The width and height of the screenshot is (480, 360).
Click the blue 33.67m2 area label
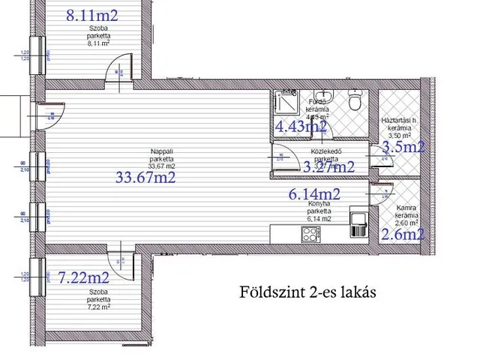(145, 178)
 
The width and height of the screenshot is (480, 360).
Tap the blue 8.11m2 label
(92, 13)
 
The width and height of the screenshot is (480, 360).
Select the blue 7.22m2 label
(83, 278)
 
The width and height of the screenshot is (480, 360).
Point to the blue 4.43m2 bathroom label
(301, 127)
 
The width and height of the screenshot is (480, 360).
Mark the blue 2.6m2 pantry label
(403, 235)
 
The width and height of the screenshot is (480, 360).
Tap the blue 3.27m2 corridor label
(328, 167)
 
